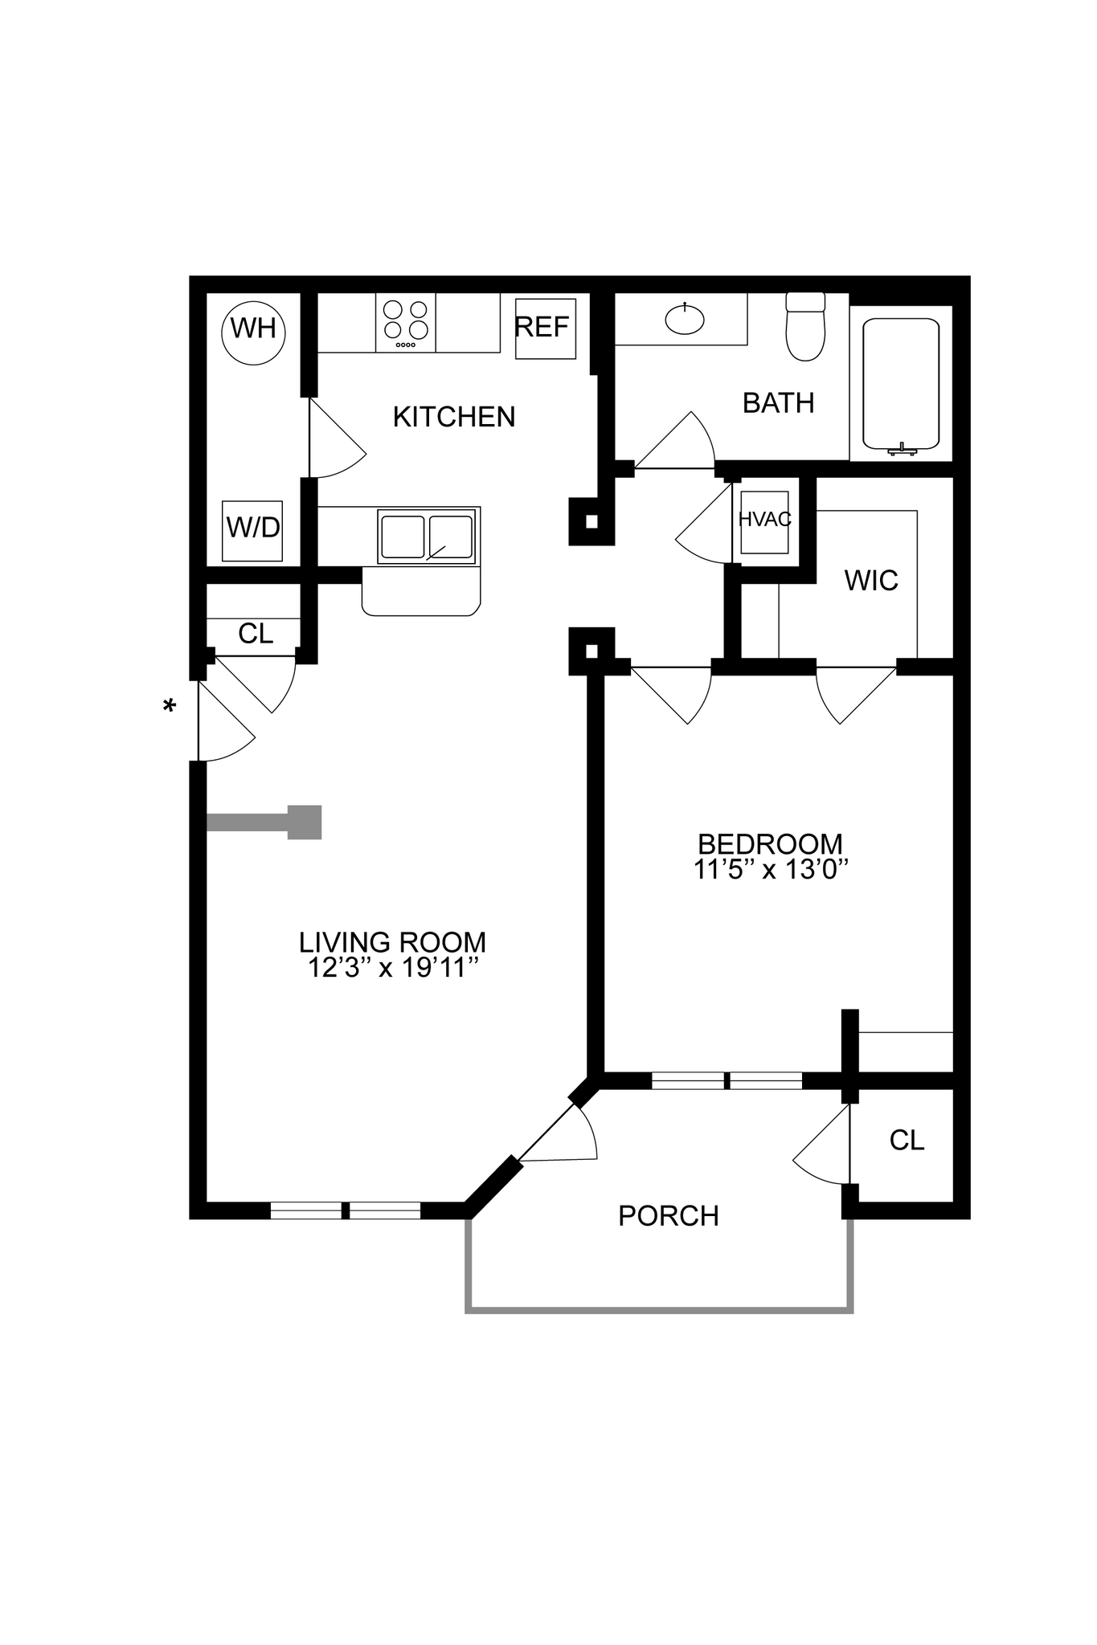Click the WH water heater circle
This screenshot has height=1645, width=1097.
253,330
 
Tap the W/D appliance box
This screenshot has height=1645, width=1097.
252,530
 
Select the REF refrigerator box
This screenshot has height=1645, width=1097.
545,329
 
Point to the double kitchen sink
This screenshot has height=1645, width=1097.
426,537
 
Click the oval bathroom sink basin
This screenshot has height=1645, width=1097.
685,320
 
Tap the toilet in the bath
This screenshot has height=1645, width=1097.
805,329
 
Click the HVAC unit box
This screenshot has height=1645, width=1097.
764,521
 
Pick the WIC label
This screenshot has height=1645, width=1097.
871,581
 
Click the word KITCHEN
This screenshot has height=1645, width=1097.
454,417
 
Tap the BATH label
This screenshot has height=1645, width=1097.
778,403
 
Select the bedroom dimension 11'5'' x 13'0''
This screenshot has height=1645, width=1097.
771,870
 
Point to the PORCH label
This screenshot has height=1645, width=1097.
669,1216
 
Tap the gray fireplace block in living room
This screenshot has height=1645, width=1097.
304,822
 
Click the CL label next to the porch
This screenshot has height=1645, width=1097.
907,1141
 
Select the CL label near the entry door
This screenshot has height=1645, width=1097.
256,634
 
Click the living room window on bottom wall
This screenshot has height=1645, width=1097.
346,1210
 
